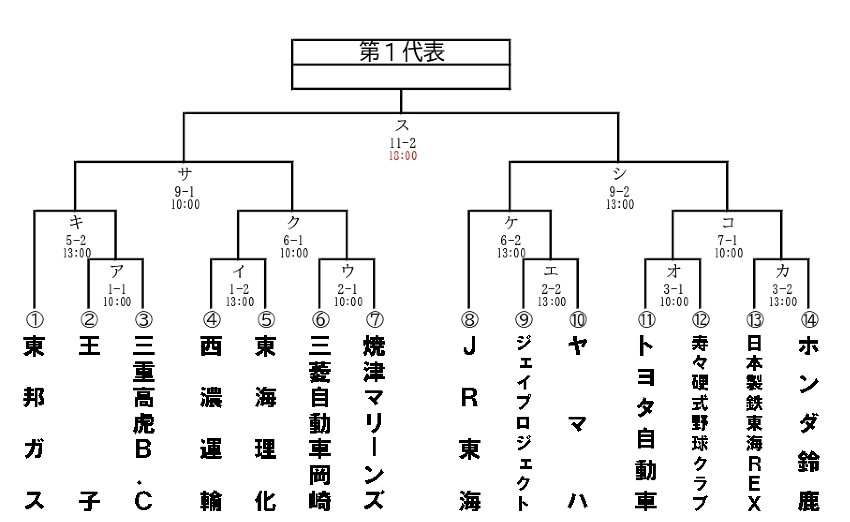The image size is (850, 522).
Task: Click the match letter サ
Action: click(x=185, y=174)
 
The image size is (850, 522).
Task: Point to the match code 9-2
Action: click(x=620, y=191)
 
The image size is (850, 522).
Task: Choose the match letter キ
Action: click(x=76, y=221)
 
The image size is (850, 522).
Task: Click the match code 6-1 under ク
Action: click(x=293, y=241)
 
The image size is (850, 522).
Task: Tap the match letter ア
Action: click(x=117, y=271)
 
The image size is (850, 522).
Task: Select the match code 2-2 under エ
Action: click(x=551, y=289)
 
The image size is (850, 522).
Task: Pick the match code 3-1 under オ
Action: click(x=673, y=289)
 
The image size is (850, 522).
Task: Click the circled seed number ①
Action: click(x=34, y=320)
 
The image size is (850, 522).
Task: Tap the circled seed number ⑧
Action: click(x=469, y=320)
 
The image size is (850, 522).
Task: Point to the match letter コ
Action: click(x=728, y=222)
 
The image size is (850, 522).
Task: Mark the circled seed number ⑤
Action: click(x=266, y=320)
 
